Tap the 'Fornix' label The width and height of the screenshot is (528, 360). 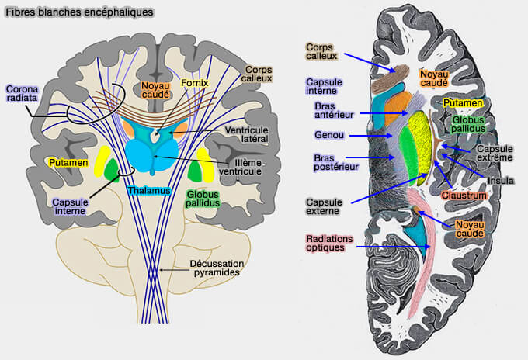point(194,81)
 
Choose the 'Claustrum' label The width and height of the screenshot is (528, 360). point(464,196)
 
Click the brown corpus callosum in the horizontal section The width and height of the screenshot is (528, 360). point(394,77)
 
